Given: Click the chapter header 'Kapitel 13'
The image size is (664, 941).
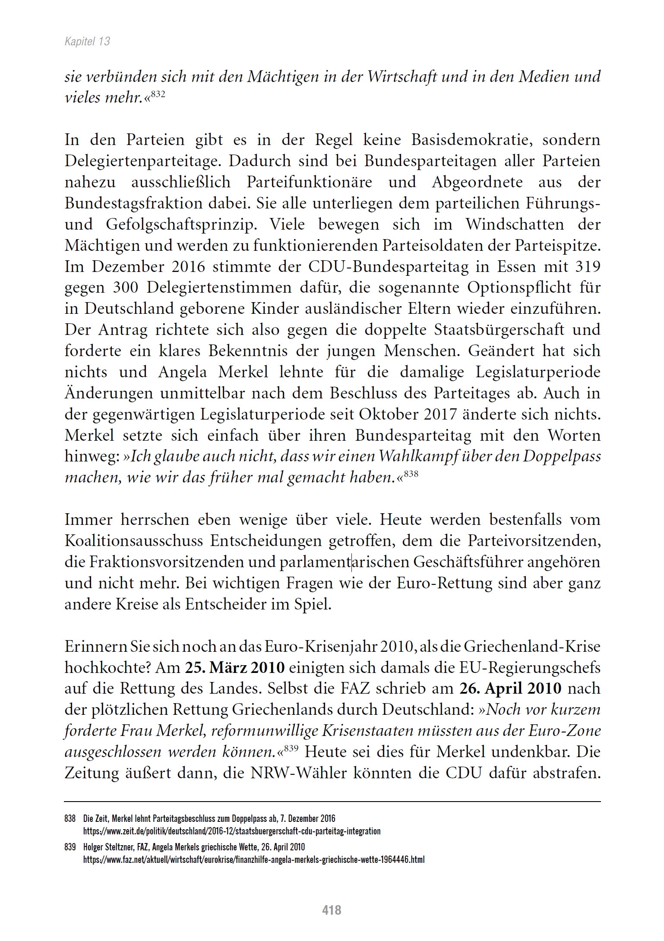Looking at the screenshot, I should pyautogui.click(x=87, y=41).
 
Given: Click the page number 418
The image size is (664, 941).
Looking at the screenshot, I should pyautogui.click(x=332, y=910).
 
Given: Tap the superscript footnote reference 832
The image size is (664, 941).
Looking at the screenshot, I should pyautogui.click(x=158, y=93).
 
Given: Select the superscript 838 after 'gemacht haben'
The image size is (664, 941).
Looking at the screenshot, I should pyautogui.click(x=411, y=473).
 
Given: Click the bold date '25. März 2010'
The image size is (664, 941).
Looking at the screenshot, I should pyautogui.click(x=235, y=668).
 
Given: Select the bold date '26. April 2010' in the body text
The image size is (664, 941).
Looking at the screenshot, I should pyautogui.click(x=510, y=688).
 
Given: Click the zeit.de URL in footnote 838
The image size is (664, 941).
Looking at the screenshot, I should pyautogui.click(x=232, y=831).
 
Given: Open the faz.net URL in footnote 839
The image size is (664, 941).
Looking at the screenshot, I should pyautogui.click(x=254, y=859).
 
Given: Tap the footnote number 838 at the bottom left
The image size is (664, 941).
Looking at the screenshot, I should pyautogui.click(x=70, y=818).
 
